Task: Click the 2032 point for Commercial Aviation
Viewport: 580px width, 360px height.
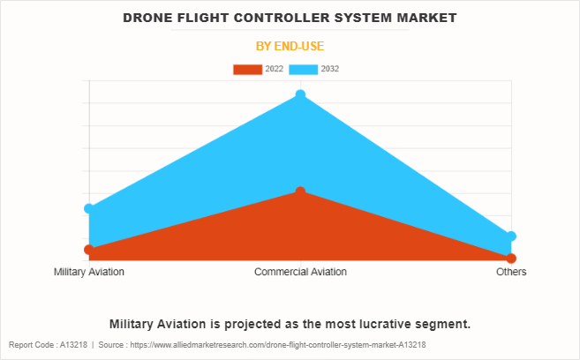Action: coord(300,94)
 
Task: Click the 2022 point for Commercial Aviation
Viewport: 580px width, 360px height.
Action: coord(300,191)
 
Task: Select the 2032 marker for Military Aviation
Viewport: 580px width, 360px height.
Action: coord(89,209)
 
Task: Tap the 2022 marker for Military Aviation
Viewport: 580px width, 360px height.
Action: coord(89,250)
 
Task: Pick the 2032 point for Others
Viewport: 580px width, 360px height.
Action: coord(511,236)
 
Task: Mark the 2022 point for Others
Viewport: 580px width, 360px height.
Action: coord(511,259)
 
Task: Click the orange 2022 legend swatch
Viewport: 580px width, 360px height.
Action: coord(247,69)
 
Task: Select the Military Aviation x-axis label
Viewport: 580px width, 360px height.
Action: coord(89,272)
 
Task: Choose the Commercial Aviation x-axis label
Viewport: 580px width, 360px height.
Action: coord(300,272)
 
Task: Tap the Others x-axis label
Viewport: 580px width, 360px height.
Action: coord(511,272)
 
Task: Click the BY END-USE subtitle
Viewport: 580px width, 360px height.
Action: coord(290,46)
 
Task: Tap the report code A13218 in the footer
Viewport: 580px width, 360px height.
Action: coord(65,345)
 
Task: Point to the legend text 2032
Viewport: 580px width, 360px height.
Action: coord(330,69)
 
